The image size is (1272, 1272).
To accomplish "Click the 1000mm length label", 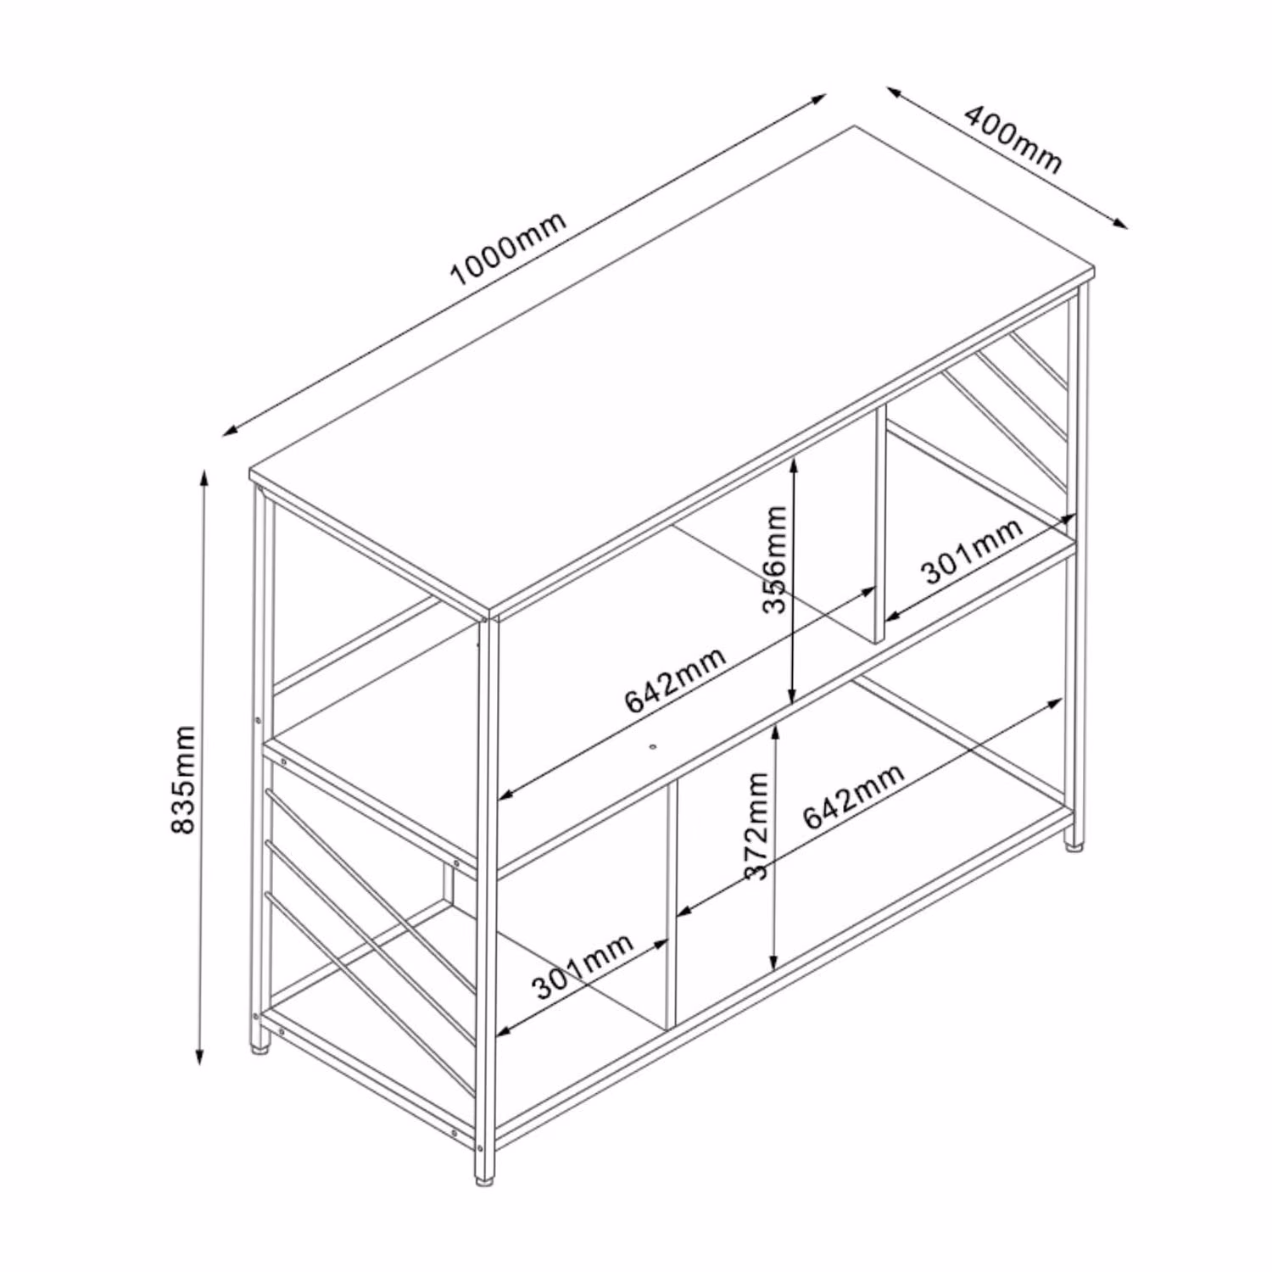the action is (x=507, y=248).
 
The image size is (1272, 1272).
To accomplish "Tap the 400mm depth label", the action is (x=1013, y=138).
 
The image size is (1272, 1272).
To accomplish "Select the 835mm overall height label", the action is (x=183, y=779).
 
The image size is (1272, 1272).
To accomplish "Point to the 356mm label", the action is (x=775, y=559).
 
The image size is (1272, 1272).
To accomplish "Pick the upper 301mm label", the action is (x=973, y=551).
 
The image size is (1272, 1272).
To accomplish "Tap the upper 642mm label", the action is (x=676, y=680).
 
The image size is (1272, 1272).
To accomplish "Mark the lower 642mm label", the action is (x=854, y=795).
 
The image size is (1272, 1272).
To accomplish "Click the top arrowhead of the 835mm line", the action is (x=203, y=475).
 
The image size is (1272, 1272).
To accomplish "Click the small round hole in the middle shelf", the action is (x=653, y=747).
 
